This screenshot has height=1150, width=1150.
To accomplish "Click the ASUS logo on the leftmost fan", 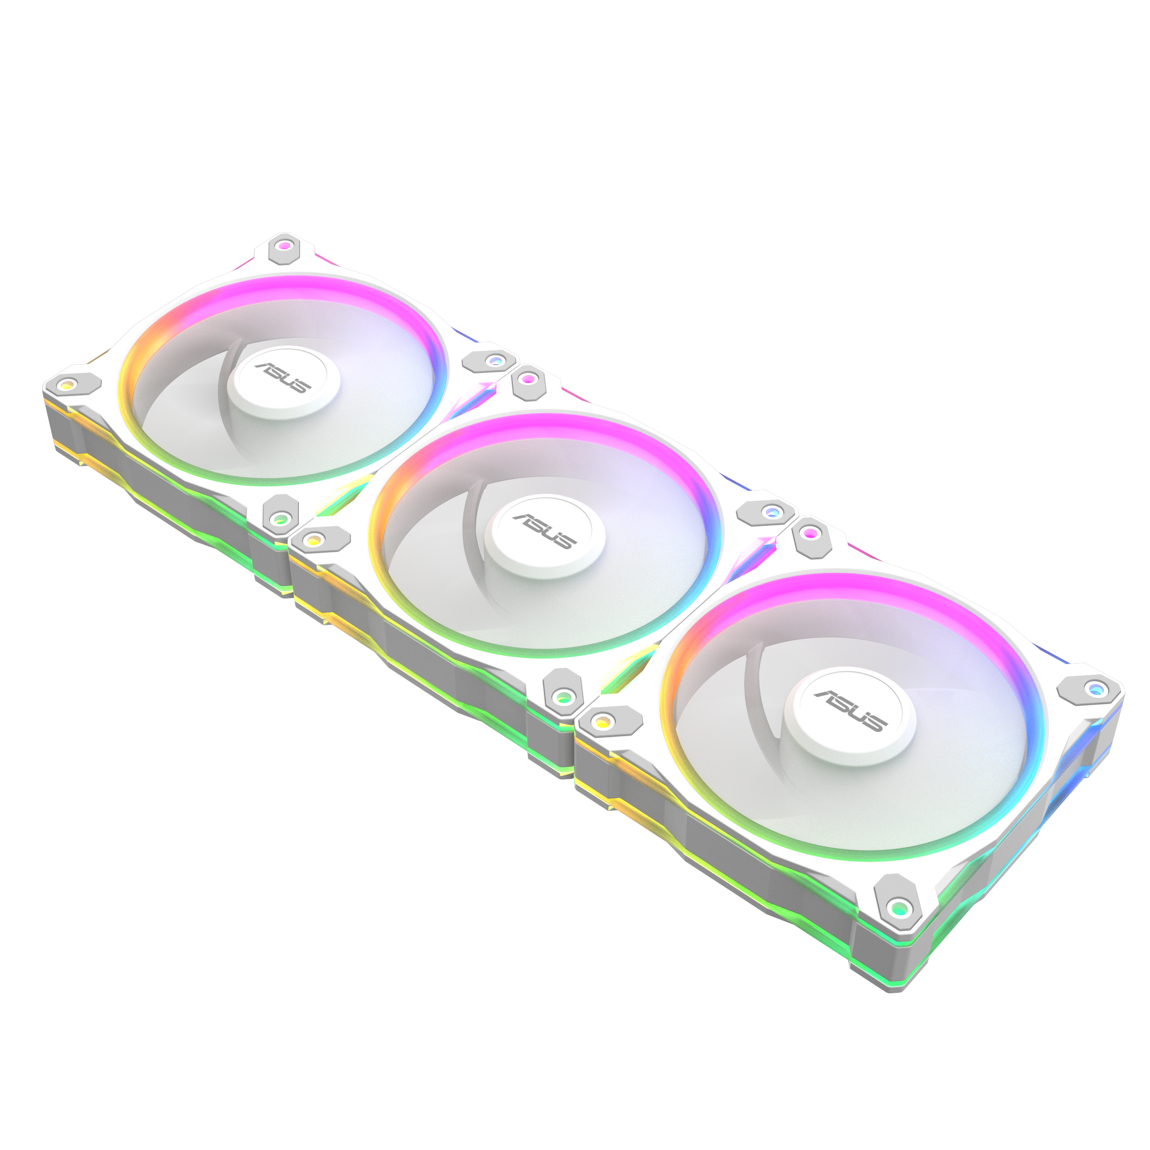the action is point(283,378).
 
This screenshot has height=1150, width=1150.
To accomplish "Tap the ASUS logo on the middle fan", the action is point(544,531).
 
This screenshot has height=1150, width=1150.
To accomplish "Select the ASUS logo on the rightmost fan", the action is point(851,711).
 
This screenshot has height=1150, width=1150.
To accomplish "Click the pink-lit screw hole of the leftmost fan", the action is point(285,245).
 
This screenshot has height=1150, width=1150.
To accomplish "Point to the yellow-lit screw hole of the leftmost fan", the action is point(67,384).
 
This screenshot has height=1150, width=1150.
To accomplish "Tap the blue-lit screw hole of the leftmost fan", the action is point(494,360).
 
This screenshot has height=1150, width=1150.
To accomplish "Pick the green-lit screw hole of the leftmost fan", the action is point(279,519).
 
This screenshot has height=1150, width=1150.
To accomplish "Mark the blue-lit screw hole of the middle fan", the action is point(771,512).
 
